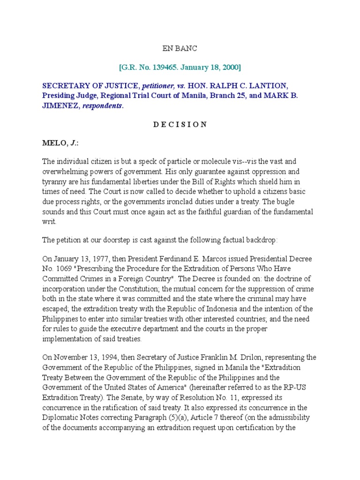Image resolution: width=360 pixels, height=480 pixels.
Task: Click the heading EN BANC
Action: pyautogui.click(x=180, y=48)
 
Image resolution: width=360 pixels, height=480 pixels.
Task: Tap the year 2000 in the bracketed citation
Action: pyautogui.click(x=230, y=67)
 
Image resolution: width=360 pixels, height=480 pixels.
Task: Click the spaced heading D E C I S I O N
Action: pyautogui.click(x=180, y=124)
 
